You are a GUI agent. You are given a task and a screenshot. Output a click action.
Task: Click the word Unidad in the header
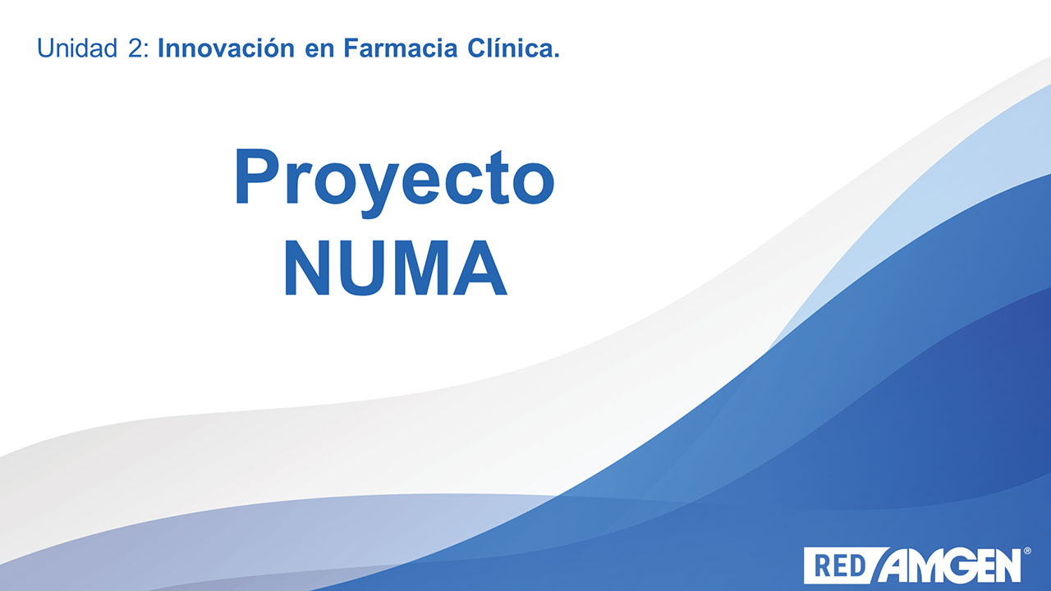pyautogui.click(x=77, y=48)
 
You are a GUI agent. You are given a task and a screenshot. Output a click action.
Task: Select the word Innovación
pyautogui.click(x=226, y=48)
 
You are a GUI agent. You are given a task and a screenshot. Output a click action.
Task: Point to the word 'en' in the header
pyautogui.click(x=319, y=51)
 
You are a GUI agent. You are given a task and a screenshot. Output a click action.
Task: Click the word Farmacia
pyautogui.click(x=401, y=48)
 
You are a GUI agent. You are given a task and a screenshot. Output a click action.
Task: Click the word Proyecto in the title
pyautogui.click(x=395, y=182)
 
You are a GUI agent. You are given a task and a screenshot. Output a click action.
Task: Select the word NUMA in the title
pyautogui.click(x=396, y=268)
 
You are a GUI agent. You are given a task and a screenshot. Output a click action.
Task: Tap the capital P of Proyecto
pyautogui.click(x=258, y=176)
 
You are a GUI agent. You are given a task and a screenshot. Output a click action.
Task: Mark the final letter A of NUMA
pyautogui.click(x=481, y=268)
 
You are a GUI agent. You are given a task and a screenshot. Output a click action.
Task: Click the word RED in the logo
pyautogui.click(x=840, y=566)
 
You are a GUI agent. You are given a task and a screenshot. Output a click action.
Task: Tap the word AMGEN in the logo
pyautogui.click(x=949, y=566)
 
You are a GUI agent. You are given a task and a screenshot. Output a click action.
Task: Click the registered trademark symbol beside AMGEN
pyautogui.click(x=1026, y=551)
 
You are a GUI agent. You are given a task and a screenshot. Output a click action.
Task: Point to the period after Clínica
pyautogui.click(x=556, y=55)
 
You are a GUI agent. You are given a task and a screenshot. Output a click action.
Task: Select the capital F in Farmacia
pyautogui.click(x=353, y=48)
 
